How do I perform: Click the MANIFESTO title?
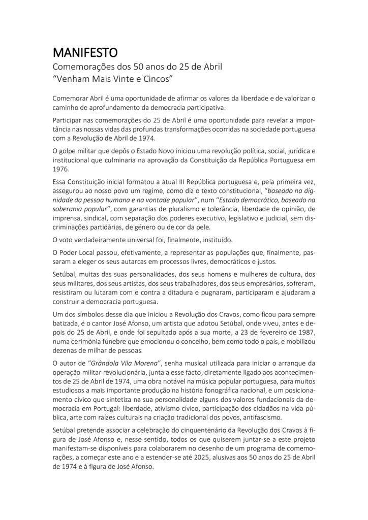[x=85, y=52]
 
